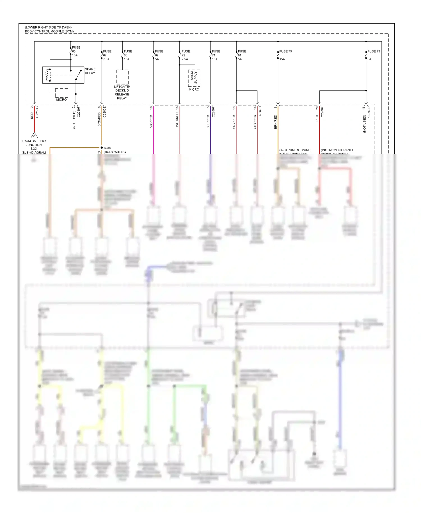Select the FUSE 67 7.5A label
(x=107, y=55)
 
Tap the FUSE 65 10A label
(x=127, y=55)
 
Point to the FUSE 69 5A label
(x=159, y=55)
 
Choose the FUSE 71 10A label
(x=216, y=55)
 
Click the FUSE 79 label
(x=285, y=51)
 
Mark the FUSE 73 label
(x=374, y=51)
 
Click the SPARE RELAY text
(x=90, y=71)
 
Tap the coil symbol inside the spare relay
(x=49, y=75)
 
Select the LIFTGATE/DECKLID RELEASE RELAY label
(x=122, y=92)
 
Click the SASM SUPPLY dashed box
(x=194, y=78)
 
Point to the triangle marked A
(x=34, y=136)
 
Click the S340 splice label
(x=107, y=148)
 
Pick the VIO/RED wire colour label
(x=151, y=121)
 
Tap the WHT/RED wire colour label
(x=177, y=120)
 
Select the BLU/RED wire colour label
(x=208, y=122)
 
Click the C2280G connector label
(x=37, y=112)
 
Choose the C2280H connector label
(x=260, y=112)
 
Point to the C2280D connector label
(x=369, y=112)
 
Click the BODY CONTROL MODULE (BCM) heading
(x=49, y=31)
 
